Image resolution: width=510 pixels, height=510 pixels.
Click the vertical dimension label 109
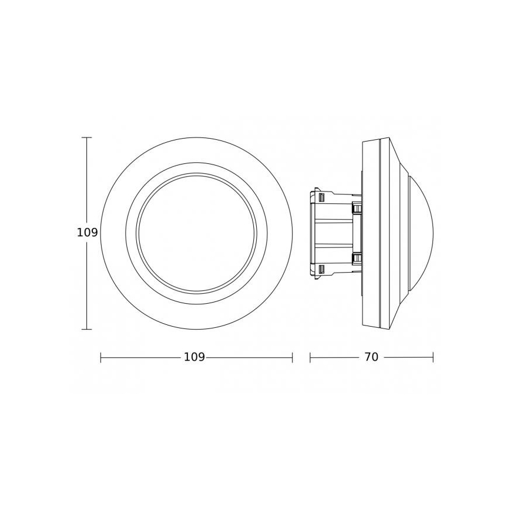tap(87, 233)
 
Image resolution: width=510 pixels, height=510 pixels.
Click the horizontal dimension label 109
tap(194, 357)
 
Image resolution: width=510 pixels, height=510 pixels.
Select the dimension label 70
tap(371, 357)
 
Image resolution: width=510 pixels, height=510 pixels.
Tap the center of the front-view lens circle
tap(196, 233)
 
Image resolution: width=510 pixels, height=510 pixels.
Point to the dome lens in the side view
tap(421, 233)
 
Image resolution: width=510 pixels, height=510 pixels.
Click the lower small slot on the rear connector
tap(321, 269)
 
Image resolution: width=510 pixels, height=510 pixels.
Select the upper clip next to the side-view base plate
tap(356, 207)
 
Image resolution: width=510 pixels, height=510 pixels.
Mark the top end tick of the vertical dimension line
tap(87, 137)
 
